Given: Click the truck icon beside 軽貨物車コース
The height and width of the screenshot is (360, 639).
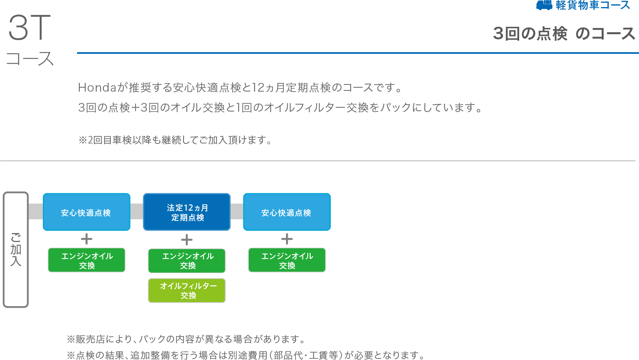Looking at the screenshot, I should coord(544,5).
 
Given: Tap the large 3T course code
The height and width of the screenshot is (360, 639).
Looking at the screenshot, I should coord(29,28).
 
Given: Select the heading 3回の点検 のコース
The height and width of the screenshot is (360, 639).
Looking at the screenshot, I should coord(564,34).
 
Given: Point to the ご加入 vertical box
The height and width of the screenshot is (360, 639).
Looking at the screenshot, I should coord(16,250).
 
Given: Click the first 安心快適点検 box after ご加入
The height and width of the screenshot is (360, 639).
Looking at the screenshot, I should coord(86,212).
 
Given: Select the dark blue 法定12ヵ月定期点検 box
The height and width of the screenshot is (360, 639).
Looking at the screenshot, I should coord(187,212).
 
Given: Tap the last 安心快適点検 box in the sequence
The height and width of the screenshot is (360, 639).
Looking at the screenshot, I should coord(287,212).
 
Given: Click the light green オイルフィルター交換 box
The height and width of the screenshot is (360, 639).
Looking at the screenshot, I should coord(187,290).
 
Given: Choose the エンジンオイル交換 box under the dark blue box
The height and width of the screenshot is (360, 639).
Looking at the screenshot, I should coord(187,261).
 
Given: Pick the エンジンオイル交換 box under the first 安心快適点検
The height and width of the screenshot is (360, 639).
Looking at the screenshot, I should coord(86,260).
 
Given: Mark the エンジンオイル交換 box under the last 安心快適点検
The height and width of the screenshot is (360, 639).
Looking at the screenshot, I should coord(287,260).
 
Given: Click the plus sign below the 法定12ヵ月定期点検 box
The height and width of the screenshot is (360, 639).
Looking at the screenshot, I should coord(187,240).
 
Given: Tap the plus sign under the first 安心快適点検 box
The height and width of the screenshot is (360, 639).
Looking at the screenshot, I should coord(86,239).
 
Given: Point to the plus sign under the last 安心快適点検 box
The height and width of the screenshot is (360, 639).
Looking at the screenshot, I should coord(287,239).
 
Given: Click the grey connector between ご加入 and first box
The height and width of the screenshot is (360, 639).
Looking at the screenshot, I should coord(36,211).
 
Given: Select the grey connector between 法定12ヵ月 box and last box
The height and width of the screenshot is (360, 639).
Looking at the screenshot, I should coord(237,211).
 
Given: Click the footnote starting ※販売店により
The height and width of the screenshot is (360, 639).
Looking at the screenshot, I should coord(186,339).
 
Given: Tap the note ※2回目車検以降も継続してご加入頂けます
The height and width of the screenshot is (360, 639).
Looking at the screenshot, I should coord(175,140).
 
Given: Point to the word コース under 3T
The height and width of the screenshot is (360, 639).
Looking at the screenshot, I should coord(30,59).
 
